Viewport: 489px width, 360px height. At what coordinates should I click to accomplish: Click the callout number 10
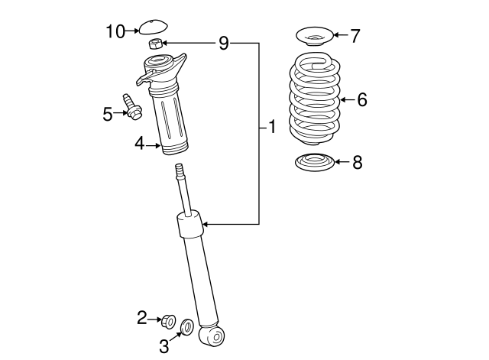click(115, 31)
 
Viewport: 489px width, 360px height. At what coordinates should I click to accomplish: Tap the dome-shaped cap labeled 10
click(153, 27)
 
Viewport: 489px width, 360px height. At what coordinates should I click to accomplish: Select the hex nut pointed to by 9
click(155, 44)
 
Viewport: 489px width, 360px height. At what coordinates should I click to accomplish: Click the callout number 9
click(224, 43)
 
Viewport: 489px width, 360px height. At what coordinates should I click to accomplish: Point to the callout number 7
click(355, 36)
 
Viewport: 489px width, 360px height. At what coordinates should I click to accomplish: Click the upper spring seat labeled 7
click(314, 37)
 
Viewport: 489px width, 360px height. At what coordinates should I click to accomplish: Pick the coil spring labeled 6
click(314, 99)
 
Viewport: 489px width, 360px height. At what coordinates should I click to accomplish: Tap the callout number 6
click(361, 100)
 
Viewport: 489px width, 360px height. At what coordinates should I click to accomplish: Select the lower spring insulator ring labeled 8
click(314, 162)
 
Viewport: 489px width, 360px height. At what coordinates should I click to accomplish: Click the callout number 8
click(358, 162)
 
